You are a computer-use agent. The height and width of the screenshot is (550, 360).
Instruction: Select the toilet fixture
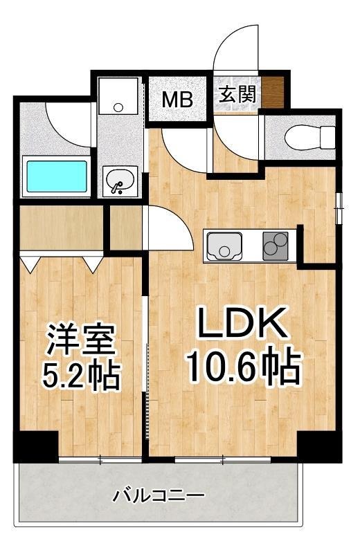pyautogui.click(x=308, y=136)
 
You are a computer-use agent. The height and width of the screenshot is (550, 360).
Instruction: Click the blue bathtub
pyautogui.click(x=56, y=176)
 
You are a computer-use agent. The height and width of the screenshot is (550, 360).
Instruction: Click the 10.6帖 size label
pyautogui.click(x=242, y=367)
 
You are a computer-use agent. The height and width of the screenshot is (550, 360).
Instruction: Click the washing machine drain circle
pyautogui.click(x=118, y=107)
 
